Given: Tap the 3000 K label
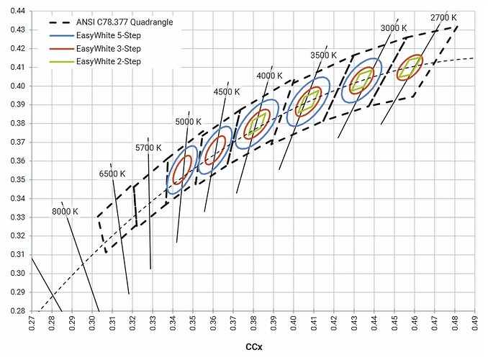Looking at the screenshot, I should coord(393,27).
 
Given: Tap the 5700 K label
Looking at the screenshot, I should coord(150,148).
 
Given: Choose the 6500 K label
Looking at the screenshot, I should coord(112,174).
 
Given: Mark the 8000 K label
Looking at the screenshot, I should coord(65,211).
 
